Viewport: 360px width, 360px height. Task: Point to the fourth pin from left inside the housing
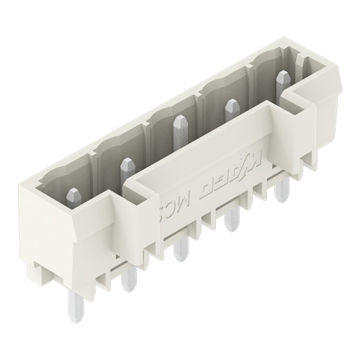[x=231, y=108]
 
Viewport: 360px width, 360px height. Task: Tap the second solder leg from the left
[x=128, y=276]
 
